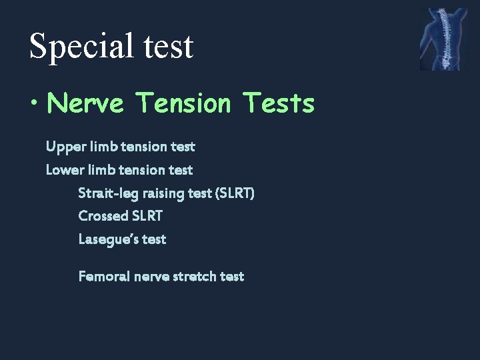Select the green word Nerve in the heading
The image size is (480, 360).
tap(85, 103)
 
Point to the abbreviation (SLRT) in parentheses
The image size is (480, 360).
tap(235, 193)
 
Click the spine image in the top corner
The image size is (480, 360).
tap(443, 39)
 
